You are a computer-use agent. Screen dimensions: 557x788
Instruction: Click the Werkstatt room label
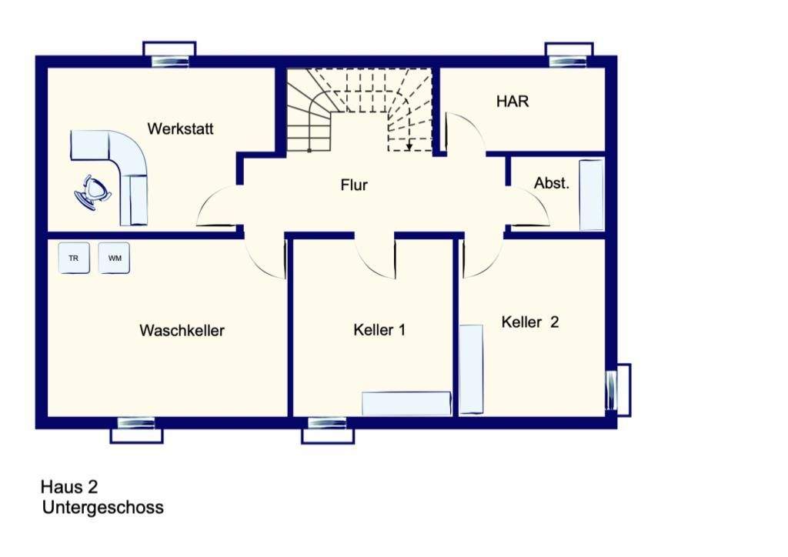coord(181,128)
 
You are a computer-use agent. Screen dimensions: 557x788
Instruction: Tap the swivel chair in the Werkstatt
coord(94,190)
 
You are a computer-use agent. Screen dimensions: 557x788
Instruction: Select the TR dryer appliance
coord(74,258)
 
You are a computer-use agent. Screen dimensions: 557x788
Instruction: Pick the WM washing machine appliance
coord(114,258)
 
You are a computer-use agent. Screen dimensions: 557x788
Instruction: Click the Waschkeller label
coord(182,331)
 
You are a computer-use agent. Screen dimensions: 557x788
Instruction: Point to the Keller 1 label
coord(379,330)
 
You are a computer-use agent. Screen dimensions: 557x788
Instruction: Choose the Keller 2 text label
coord(529,322)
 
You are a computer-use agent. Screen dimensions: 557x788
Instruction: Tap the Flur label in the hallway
coord(354,185)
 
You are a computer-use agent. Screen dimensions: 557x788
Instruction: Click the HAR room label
coord(513,102)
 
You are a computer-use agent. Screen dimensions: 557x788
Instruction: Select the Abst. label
coord(552,184)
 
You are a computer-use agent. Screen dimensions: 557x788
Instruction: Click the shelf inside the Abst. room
coord(592,195)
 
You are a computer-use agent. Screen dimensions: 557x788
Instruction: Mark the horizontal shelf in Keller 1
coord(406,404)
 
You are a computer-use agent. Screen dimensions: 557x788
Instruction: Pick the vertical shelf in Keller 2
coord(471,369)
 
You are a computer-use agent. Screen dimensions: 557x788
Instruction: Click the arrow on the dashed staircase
coord(409,143)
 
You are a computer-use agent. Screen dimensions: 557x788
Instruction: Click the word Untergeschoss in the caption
coord(103,508)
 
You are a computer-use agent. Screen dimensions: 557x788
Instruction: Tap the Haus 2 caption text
coord(69,487)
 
